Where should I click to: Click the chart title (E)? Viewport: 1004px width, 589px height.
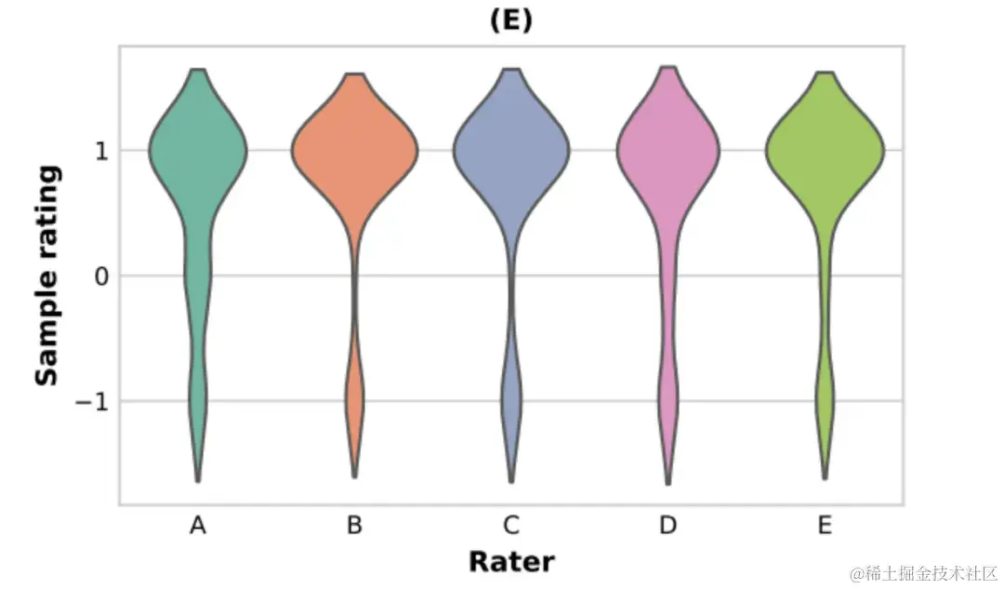click(x=510, y=21)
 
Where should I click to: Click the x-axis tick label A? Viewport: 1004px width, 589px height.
click(x=197, y=527)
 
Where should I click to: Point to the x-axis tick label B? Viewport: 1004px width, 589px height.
click(x=354, y=527)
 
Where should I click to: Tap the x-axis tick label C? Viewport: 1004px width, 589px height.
click(x=510, y=527)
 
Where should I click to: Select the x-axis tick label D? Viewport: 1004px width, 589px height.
click(x=667, y=527)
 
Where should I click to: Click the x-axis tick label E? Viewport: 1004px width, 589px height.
click(x=825, y=527)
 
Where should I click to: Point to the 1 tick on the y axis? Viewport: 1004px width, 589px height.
click(x=101, y=151)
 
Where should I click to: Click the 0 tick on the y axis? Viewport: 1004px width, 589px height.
click(x=101, y=276)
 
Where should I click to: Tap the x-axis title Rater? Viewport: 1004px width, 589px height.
click(x=510, y=562)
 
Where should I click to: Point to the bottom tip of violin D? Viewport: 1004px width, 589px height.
click(x=668, y=483)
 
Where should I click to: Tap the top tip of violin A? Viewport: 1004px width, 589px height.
click(x=197, y=70)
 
